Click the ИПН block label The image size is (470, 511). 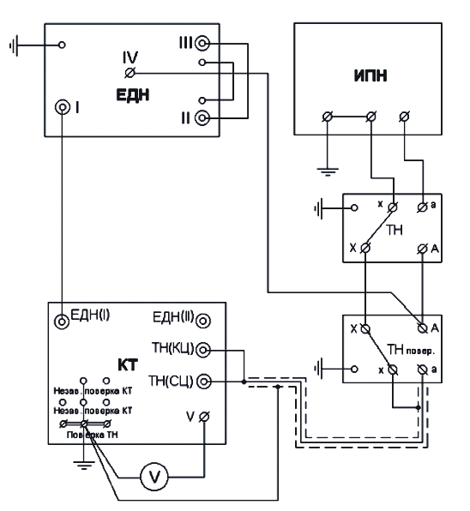(x=371, y=75)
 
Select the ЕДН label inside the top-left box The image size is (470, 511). (x=133, y=95)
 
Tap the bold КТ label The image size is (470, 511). (x=128, y=365)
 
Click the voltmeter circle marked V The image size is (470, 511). (x=154, y=477)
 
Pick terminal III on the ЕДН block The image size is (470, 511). (x=202, y=44)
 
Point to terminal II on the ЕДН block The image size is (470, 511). (x=202, y=117)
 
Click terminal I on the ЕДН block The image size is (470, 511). (x=63, y=107)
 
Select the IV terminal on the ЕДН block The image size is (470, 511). (x=130, y=74)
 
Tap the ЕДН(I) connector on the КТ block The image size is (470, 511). (x=62, y=322)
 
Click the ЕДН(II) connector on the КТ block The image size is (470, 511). (x=203, y=321)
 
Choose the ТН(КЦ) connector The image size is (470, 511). (x=203, y=350)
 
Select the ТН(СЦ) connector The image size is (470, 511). (x=203, y=382)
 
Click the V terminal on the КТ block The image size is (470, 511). (x=204, y=417)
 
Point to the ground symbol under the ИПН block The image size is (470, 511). (x=328, y=171)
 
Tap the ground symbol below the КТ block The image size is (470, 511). (x=84, y=465)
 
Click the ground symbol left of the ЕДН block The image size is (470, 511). (x=14, y=45)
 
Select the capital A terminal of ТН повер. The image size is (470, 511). (x=423, y=328)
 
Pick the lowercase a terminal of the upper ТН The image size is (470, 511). (x=423, y=207)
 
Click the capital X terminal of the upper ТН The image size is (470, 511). (x=365, y=249)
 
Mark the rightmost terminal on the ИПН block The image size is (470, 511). (x=405, y=117)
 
